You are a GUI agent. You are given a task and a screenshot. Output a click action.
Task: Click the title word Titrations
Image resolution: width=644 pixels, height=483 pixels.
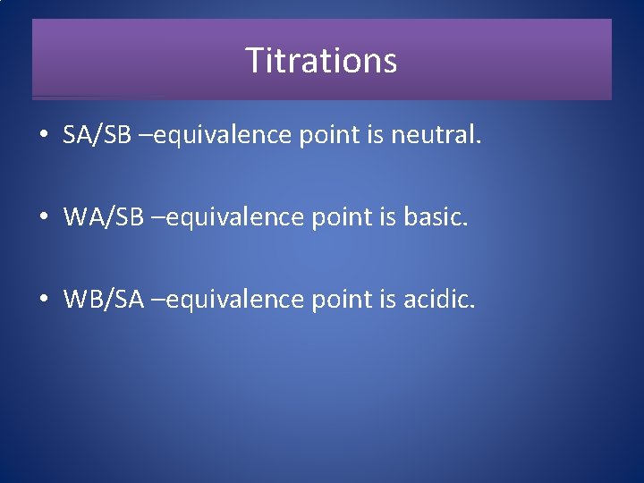(321, 61)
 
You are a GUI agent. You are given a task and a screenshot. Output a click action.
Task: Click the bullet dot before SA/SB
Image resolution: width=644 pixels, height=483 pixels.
(44, 136)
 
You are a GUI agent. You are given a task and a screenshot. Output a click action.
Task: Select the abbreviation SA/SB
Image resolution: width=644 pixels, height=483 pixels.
(97, 136)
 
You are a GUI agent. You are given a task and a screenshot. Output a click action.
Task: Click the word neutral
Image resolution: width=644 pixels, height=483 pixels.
(436, 136)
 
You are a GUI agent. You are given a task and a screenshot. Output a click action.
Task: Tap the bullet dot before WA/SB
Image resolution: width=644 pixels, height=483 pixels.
(44, 217)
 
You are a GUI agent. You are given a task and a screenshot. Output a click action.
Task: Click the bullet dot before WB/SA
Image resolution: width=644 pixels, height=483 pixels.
(44, 299)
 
